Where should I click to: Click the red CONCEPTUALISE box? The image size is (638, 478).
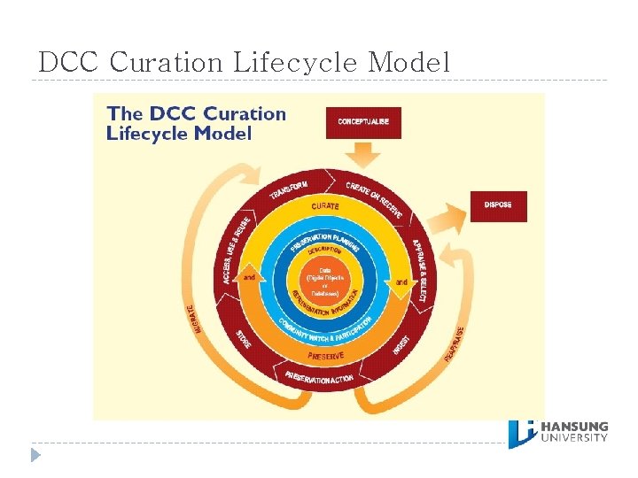tap(363, 122)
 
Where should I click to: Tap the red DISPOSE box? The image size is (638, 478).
tap(498, 206)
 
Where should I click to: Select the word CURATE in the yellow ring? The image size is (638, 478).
tap(324, 206)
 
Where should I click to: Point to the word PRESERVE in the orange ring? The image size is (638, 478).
tap(325, 356)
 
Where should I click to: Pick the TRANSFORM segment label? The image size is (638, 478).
tap(289, 189)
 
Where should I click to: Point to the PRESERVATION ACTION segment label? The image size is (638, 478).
tap(320, 378)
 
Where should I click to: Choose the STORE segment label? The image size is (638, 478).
tap(244, 339)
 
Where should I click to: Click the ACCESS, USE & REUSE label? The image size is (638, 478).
tap(234, 251)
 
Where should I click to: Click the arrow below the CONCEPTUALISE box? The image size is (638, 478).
tap(363, 155)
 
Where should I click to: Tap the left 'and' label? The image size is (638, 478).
tap(250, 278)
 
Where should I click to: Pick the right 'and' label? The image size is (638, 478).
tap(401, 281)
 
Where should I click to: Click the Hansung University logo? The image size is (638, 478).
tap(558, 432)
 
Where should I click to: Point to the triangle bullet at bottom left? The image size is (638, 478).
tap(35, 455)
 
